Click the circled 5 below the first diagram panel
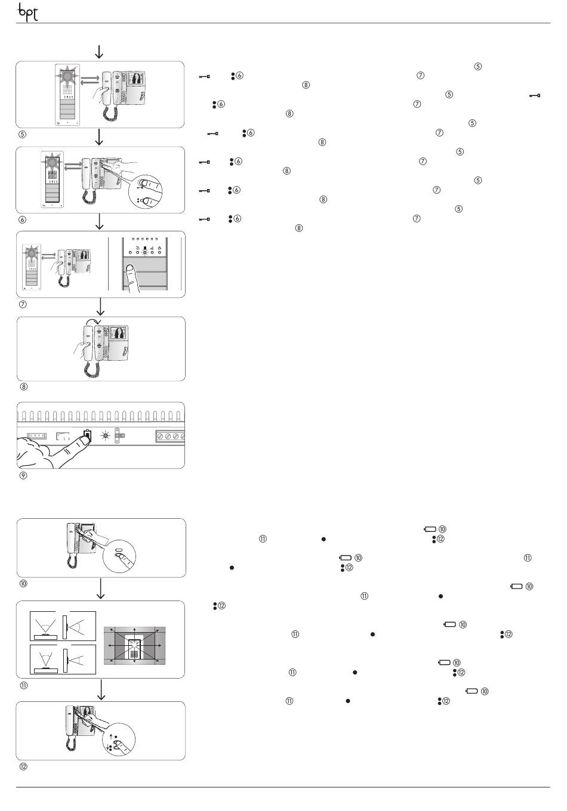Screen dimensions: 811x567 pos(23,134)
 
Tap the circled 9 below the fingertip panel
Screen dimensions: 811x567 pos(23,475)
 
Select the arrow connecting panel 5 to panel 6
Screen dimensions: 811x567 pos(100,137)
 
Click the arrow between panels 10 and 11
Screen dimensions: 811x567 pos(101,589)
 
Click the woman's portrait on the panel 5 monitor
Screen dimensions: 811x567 pos(138,78)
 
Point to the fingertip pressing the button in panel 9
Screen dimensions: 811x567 pos(76,440)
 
